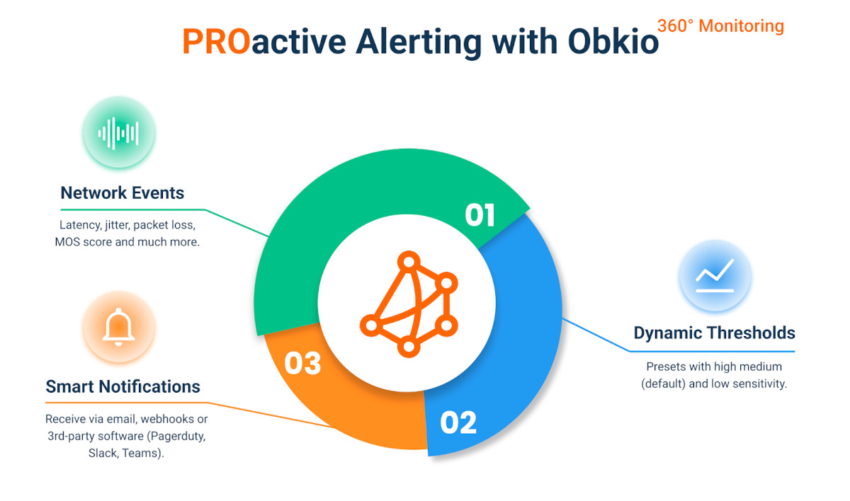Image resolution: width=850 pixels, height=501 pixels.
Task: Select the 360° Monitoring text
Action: tap(720, 26)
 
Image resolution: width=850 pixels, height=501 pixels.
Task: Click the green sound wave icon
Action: tap(118, 133)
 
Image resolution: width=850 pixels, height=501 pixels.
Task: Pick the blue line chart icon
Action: tap(715, 275)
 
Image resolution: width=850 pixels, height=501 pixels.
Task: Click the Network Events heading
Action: tap(122, 193)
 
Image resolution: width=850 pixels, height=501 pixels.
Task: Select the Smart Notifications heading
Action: tap(123, 387)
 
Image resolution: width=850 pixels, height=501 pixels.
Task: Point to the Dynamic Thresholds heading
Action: tap(714, 333)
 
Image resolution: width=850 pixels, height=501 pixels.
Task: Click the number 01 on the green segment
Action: tap(480, 215)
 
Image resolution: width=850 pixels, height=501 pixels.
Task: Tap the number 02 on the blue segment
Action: tap(458, 422)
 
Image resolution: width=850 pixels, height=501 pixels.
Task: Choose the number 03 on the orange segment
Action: tap(303, 363)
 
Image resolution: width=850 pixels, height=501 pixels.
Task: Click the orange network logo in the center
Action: tap(408, 304)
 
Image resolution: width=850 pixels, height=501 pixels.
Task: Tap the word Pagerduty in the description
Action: tap(174, 436)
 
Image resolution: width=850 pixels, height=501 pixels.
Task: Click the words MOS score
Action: tap(85, 242)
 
